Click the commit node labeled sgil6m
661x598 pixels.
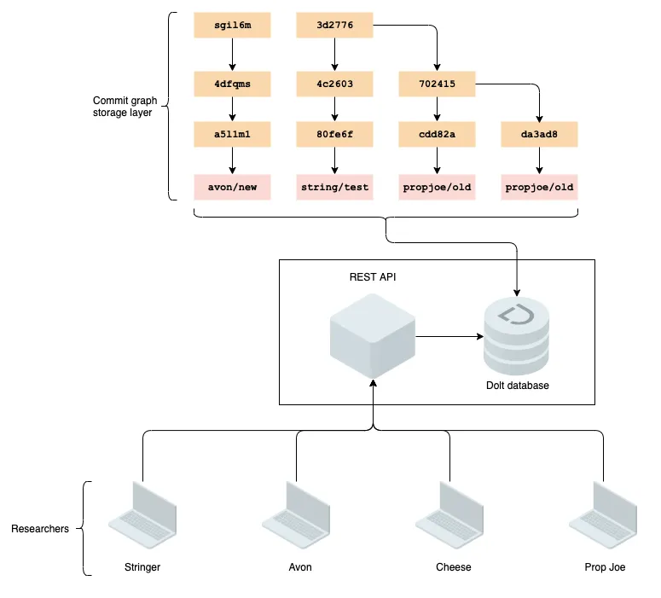click(x=232, y=26)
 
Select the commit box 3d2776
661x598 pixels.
click(x=334, y=26)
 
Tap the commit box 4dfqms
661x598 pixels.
click(x=232, y=84)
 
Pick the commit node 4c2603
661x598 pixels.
click(x=334, y=84)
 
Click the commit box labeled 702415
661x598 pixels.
click(x=437, y=84)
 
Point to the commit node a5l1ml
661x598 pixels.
click(x=232, y=134)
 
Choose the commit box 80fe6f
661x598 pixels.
click(x=334, y=134)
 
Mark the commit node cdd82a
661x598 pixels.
click(x=437, y=134)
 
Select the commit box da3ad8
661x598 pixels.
click(x=539, y=134)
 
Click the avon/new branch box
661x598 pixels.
click(x=232, y=187)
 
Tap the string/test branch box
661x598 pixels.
click(x=334, y=187)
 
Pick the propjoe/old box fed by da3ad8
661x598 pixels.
click(x=539, y=187)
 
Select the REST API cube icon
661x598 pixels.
click(x=373, y=335)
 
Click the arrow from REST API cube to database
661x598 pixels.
click(x=448, y=336)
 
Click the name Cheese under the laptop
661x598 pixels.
click(x=453, y=567)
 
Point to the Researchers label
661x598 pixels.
click(x=40, y=529)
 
